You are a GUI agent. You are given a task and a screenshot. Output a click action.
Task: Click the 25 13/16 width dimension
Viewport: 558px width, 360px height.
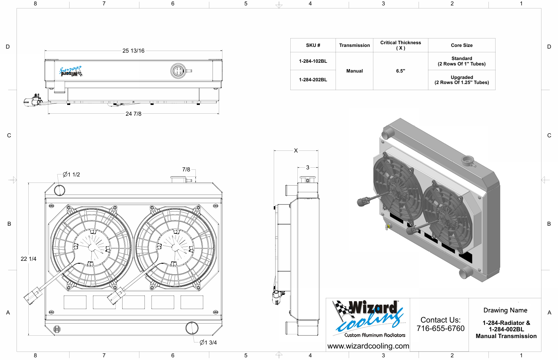click(x=133, y=51)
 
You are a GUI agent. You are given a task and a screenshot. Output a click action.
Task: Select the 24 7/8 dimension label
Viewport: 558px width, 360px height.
click(x=133, y=114)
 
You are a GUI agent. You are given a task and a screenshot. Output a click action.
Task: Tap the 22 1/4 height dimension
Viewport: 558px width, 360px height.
click(x=28, y=259)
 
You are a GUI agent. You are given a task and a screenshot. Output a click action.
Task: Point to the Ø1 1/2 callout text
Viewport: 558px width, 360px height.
click(x=71, y=174)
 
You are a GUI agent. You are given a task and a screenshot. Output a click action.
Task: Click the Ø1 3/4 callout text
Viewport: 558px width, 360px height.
click(x=208, y=342)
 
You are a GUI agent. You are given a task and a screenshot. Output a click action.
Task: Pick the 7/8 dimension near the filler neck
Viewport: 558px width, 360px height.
click(x=186, y=170)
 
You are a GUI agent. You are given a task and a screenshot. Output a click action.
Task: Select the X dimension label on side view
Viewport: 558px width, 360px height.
click(x=296, y=150)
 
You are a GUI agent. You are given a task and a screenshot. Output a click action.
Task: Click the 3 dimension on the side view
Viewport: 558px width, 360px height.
click(x=308, y=168)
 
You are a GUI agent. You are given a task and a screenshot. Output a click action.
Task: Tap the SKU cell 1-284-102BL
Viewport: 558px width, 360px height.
click(x=313, y=61)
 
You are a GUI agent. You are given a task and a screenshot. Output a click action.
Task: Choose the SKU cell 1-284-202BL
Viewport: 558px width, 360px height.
click(x=313, y=80)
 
